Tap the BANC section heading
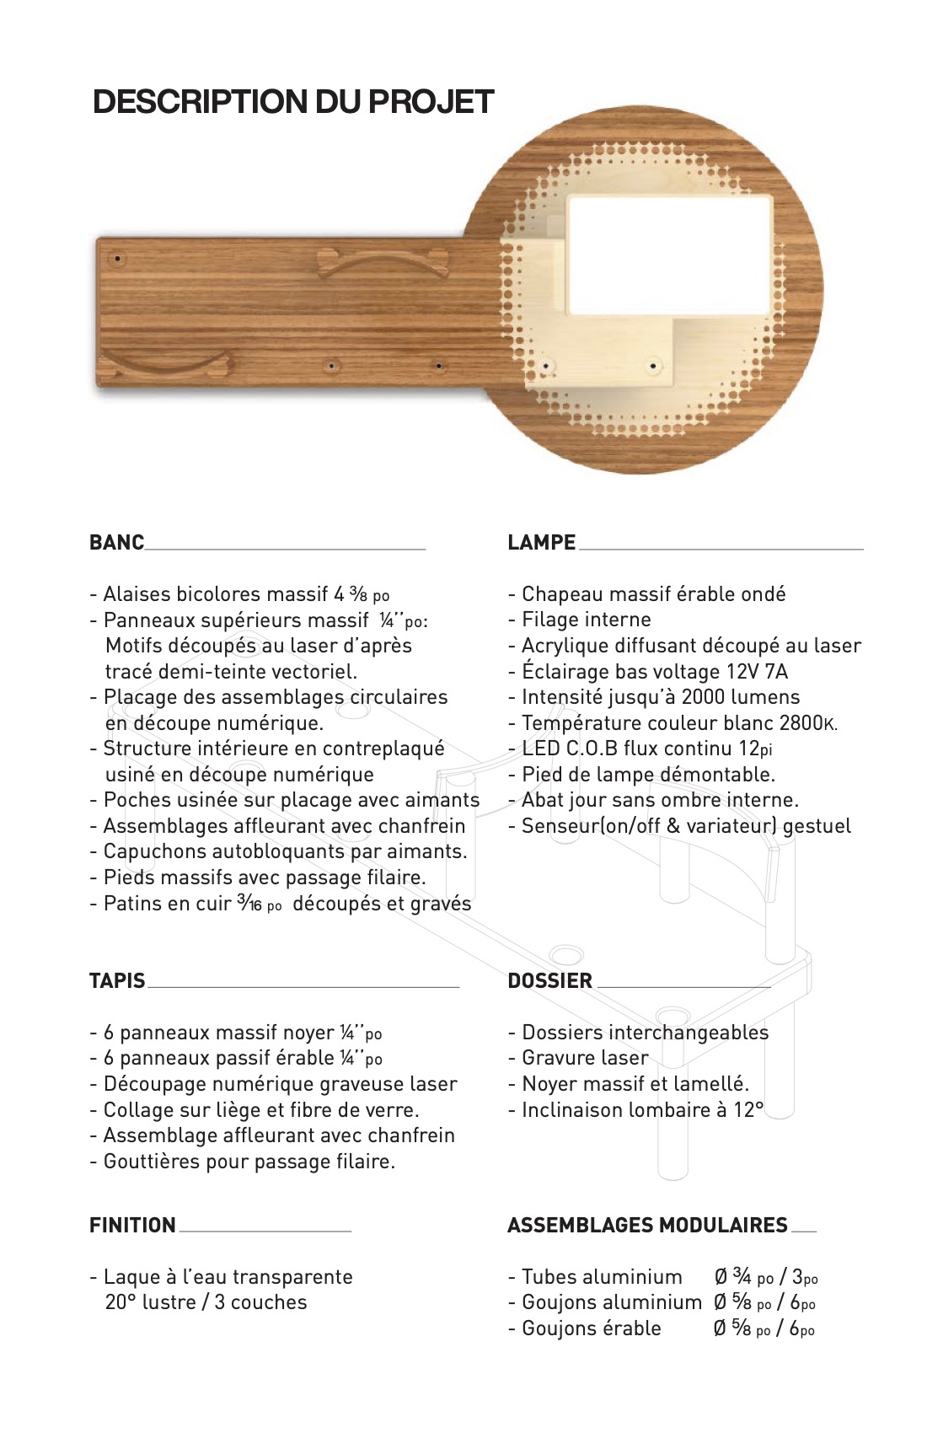click(x=116, y=542)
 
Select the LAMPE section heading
click(x=541, y=542)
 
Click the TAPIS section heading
click(x=117, y=980)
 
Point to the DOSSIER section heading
click(x=549, y=980)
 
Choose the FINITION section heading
click(x=132, y=1225)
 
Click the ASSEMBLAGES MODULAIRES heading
click(x=647, y=1225)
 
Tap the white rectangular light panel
click(x=670, y=253)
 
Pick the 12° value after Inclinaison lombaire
click(x=747, y=1110)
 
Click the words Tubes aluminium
click(x=602, y=1277)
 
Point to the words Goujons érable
click(x=591, y=1328)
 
